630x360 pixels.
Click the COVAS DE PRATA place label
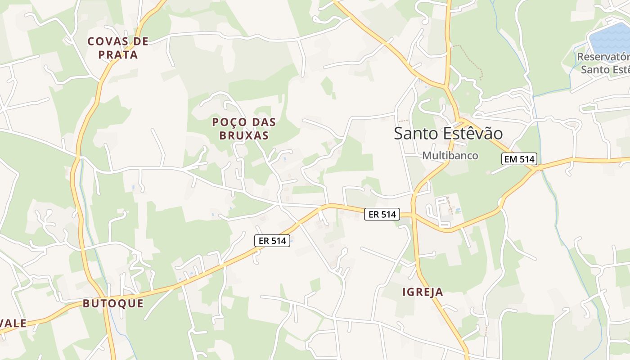coord(118,48)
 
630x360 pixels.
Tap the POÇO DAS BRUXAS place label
coord(244,129)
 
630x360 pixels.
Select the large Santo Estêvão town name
coord(448,134)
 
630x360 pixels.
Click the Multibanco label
coord(450,156)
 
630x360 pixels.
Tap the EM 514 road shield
coord(519,159)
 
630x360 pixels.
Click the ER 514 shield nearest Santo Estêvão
coord(382,215)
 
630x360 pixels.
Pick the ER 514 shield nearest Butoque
coord(272,241)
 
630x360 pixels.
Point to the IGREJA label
coord(423,292)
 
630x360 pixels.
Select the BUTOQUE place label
coord(113,304)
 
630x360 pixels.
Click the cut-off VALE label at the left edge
coord(13,324)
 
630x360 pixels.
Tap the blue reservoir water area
coord(610,38)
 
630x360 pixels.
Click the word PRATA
coord(118,55)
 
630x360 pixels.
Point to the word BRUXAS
coord(244,135)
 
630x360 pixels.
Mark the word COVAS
coord(106,41)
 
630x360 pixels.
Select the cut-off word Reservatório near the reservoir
coord(603,57)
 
